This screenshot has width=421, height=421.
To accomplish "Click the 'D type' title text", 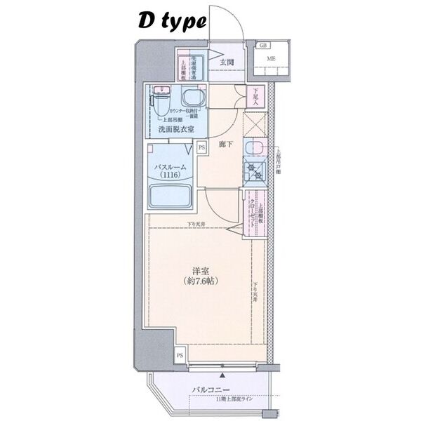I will coord(171,22).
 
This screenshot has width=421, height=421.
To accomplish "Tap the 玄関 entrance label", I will coord(226,62).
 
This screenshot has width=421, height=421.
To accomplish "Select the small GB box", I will coord(263,46).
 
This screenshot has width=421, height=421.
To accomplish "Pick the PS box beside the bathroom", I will coord(202,148).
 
